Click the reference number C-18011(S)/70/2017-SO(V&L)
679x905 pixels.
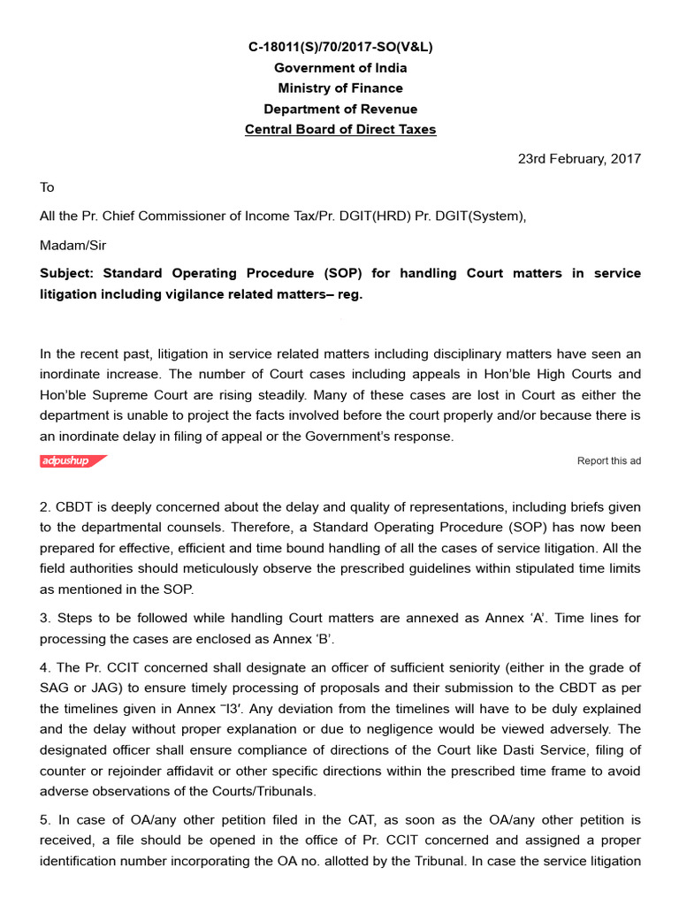tap(340, 47)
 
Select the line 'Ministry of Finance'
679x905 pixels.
tap(340, 88)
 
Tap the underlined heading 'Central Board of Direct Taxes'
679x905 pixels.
tap(340, 130)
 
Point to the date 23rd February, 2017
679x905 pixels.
tap(579, 159)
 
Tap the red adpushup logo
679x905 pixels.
tap(72, 460)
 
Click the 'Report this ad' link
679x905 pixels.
tap(608, 460)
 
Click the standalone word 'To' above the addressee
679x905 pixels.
tap(47, 187)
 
